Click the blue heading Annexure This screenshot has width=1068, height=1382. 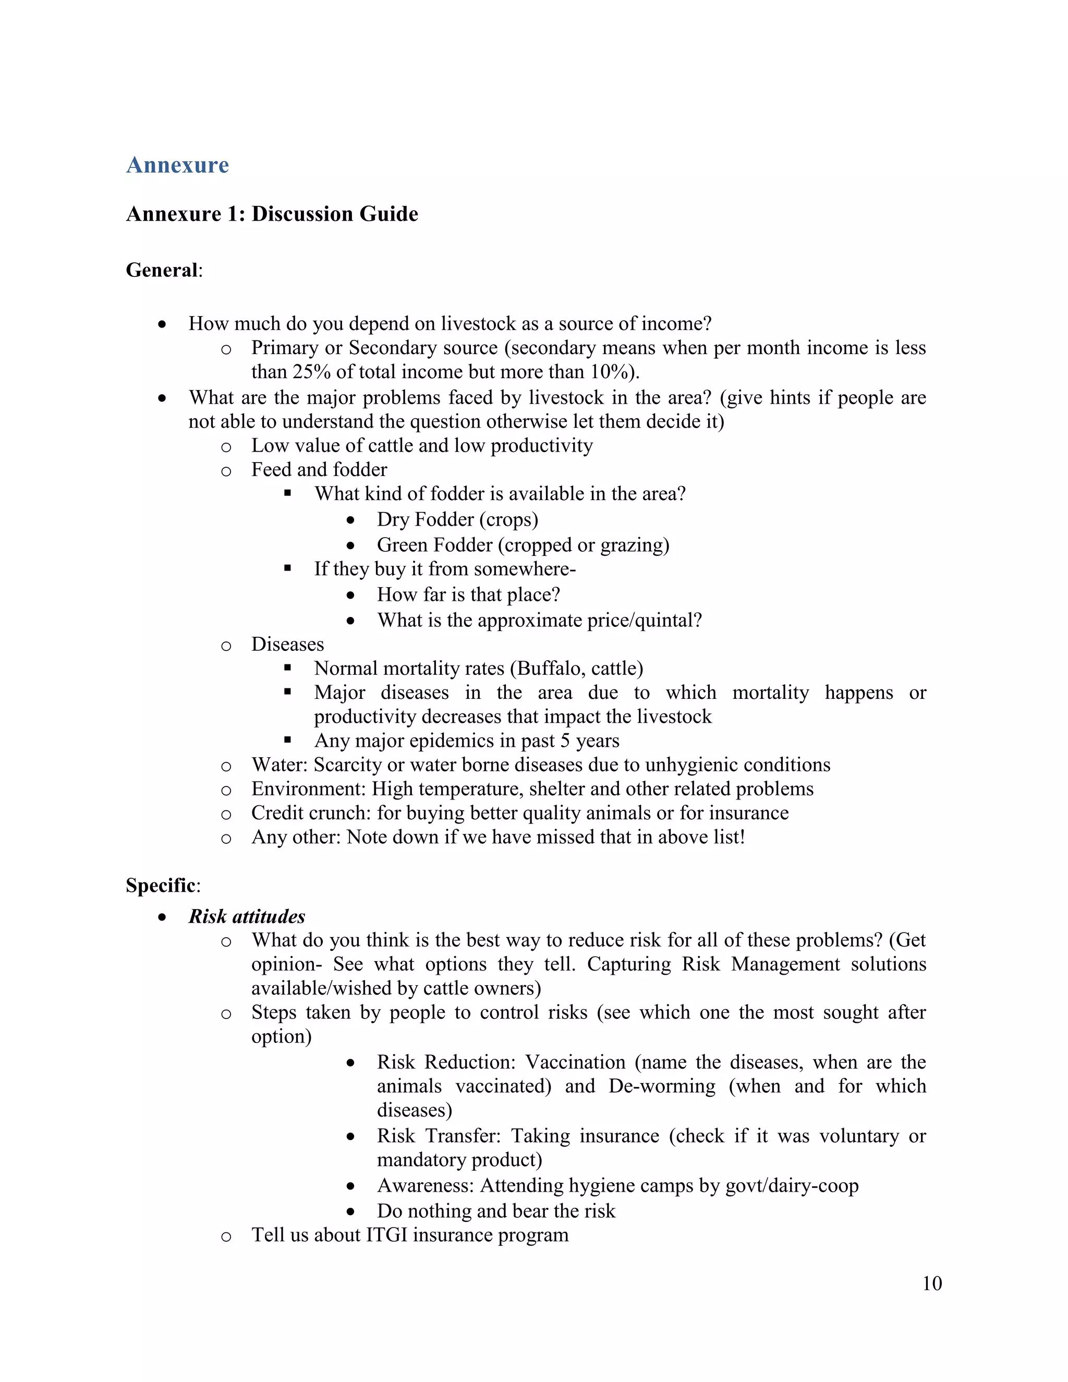pos(177,165)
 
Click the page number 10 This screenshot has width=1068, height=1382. pos(932,1283)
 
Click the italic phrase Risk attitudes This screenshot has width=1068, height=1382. pos(247,916)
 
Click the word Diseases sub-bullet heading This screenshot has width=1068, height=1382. pos(287,644)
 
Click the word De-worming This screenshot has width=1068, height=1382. pos(662,1086)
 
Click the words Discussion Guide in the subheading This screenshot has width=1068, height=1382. pos(335,214)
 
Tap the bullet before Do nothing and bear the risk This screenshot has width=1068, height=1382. pos(350,1211)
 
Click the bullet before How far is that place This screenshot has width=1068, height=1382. pos(350,595)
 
